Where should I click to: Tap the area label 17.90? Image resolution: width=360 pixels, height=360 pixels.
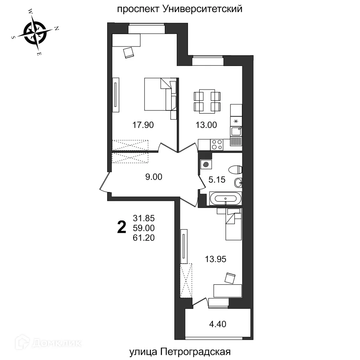pos(143,125)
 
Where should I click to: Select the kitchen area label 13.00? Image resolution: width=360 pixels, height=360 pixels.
pos(206,125)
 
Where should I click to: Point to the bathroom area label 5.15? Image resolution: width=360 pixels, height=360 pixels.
pos(217,180)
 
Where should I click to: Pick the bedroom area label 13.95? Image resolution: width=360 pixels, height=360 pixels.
pos(216,259)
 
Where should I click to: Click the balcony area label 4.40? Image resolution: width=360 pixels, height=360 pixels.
pos(218,324)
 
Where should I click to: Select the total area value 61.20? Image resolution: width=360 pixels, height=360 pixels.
pos(144,238)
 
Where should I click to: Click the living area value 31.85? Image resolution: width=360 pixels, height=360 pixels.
pos(144,218)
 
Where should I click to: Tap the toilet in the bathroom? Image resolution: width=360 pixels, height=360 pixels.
pos(235,168)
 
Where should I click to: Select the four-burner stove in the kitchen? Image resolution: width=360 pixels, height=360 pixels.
pos(217,144)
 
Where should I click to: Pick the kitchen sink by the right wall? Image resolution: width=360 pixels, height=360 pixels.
pos(236,131)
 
